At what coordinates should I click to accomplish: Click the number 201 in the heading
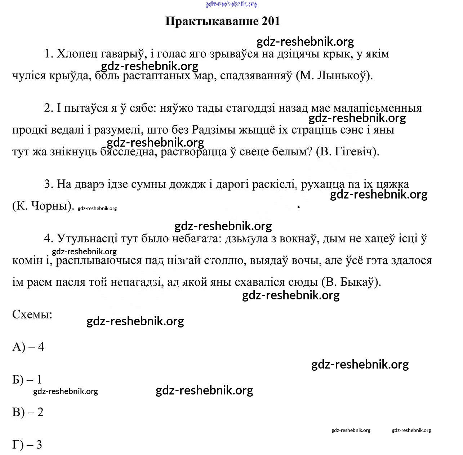click(271, 21)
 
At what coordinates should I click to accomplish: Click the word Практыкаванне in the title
click(212, 21)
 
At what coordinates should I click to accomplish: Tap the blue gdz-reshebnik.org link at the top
click(231, 4)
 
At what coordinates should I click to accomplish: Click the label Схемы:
click(32, 315)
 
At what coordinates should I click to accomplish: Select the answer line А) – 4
click(28, 347)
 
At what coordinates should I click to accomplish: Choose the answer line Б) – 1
click(27, 380)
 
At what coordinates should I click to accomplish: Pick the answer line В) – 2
click(28, 412)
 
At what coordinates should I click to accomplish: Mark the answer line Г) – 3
click(27, 445)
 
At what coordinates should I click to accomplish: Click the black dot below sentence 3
click(298, 207)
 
